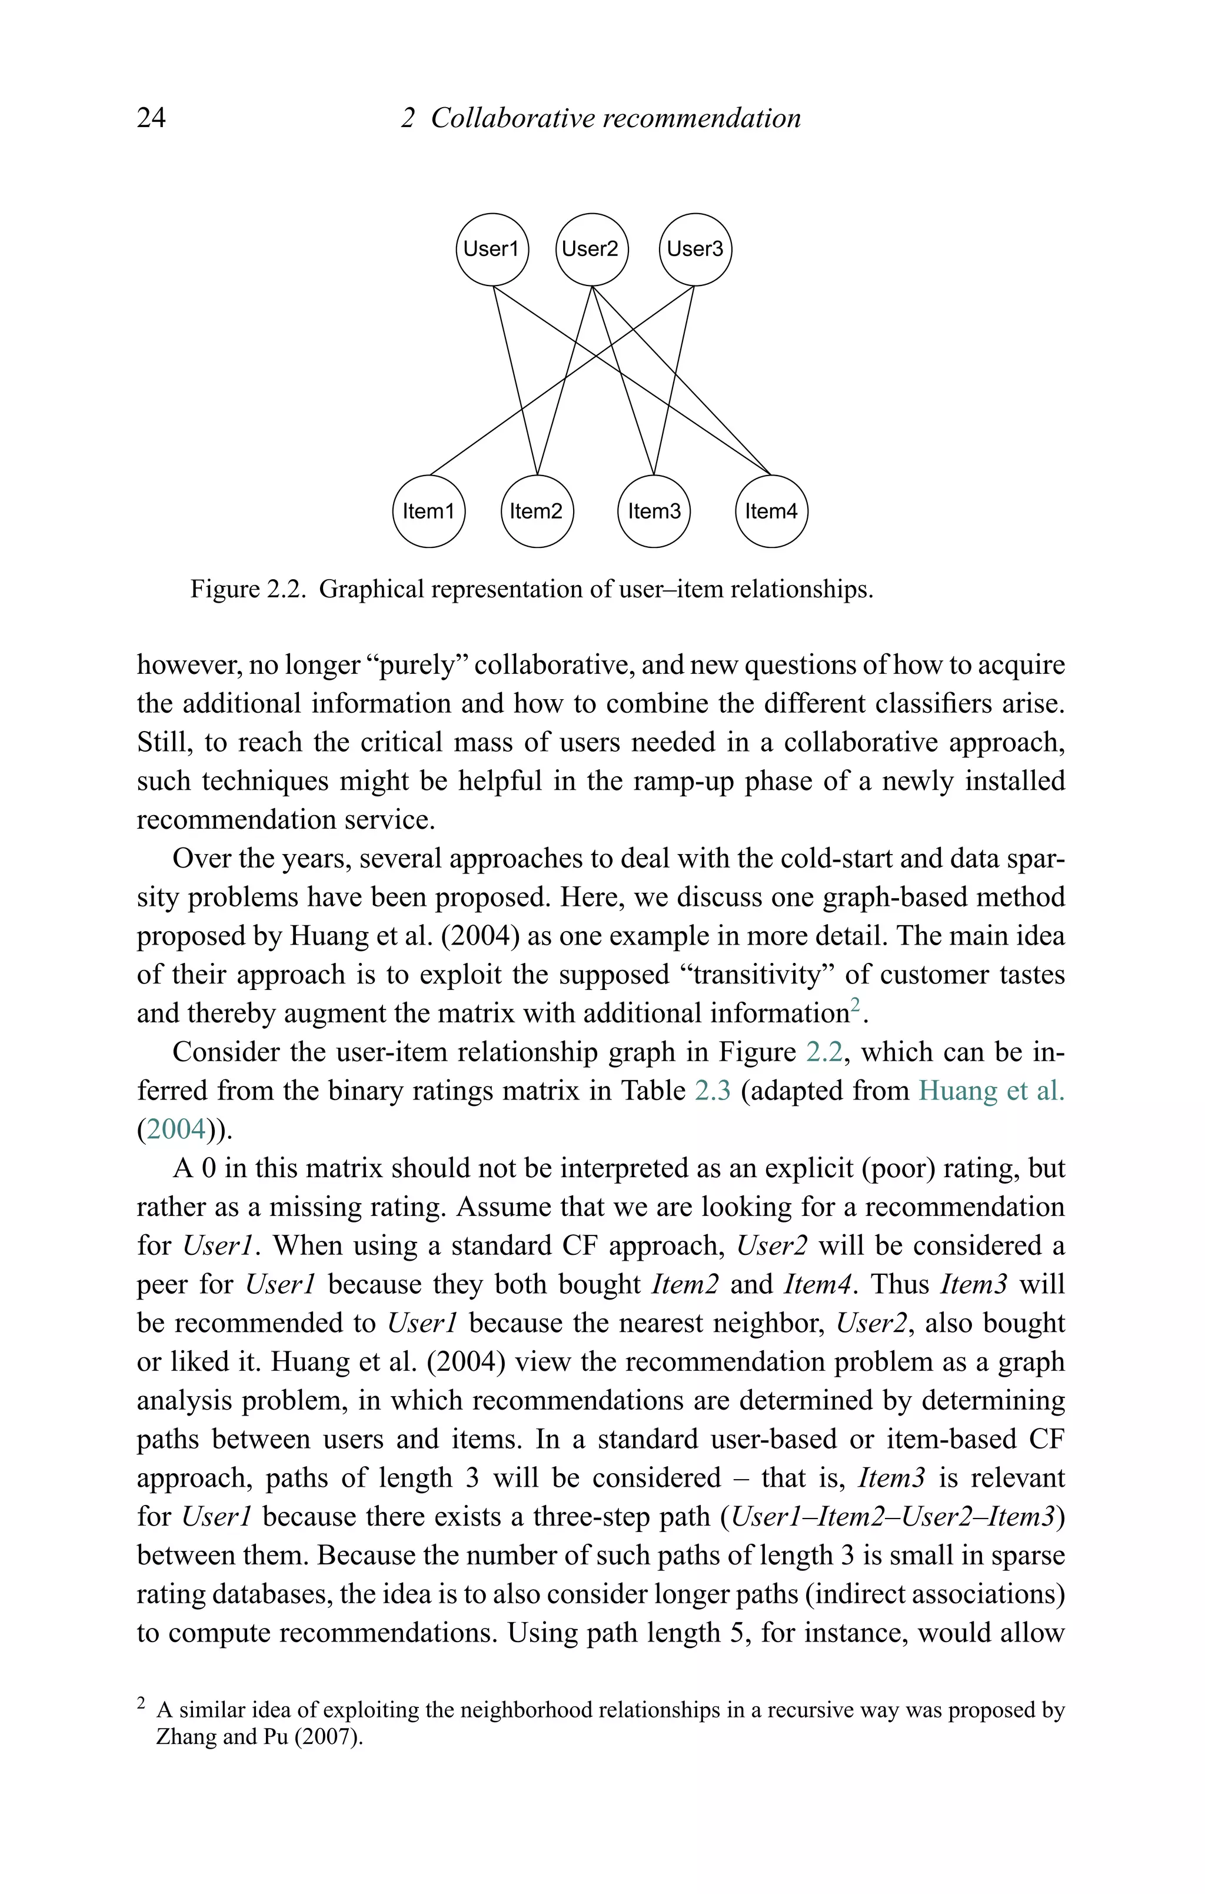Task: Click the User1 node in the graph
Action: pyautogui.click(x=492, y=250)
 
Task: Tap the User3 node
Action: pyautogui.click(x=694, y=250)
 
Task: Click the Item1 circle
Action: pyautogui.click(x=429, y=511)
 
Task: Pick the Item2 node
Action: pyautogui.click(x=537, y=511)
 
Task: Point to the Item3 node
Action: pyautogui.click(x=654, y=511)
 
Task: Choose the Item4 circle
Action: pyautogui.click(x=771, y=511)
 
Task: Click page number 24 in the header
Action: pyautogui.click(x=151, y=118)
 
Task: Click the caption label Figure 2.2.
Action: pyautogui.click(x=248, y=589)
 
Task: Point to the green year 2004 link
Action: pyautogui.click(x=175, y=1129)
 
